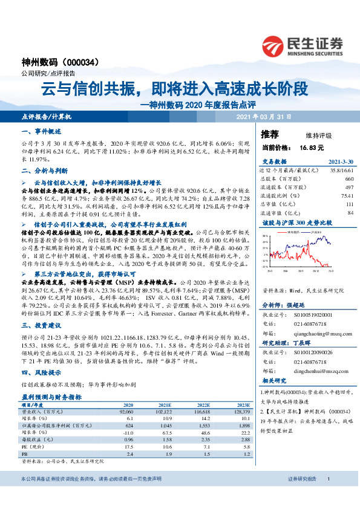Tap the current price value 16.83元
pos(311,147)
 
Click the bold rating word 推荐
pos(269,134)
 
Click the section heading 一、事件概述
pos(41,131)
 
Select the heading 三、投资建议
pos(41,324)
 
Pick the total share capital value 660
pos(349,180)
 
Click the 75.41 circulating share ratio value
pos(347,196)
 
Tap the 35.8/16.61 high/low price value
pos(341,171)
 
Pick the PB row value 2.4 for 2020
pos(129,453)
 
